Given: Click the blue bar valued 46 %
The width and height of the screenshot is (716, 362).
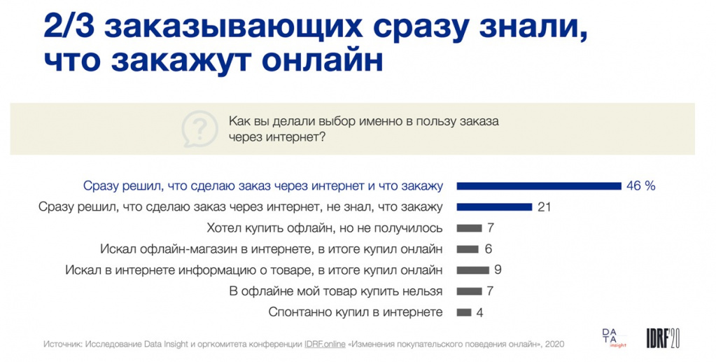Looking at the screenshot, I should click(539, 186).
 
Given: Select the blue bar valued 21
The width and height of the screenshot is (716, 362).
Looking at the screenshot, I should click(494, 207).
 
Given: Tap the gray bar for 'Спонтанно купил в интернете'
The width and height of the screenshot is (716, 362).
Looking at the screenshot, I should click(463, 313).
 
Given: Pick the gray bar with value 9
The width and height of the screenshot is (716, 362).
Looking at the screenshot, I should click(472, 270).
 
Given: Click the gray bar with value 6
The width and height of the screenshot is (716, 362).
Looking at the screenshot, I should click(467, 249).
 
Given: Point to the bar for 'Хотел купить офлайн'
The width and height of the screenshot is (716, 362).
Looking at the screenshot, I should click(469, 228).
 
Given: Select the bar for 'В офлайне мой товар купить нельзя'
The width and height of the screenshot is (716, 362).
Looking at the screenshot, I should click(469, 291).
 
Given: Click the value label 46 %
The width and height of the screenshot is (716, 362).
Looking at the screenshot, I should click(642, 186).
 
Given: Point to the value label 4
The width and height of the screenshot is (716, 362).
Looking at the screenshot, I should click(479, 313).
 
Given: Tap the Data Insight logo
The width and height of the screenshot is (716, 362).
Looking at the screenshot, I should click(613, 337).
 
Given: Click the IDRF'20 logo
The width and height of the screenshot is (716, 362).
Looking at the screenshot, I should click(663, 337).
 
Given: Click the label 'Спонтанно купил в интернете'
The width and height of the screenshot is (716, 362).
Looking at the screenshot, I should click(356, 312).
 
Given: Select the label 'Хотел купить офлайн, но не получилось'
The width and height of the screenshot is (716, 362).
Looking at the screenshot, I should click(325, 228).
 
